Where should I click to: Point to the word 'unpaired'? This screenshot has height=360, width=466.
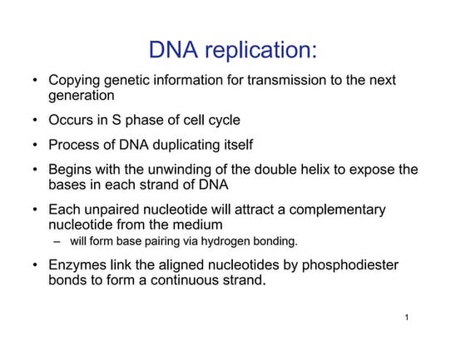(114, 210)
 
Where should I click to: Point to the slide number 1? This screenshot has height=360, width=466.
(404, 318)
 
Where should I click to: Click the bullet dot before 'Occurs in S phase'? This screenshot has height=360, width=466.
(34, 121)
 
